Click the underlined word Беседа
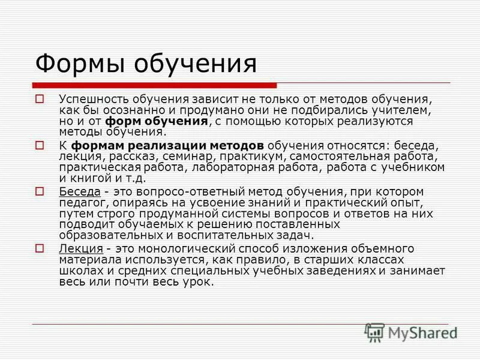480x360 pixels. pyautogui.click(x=78, y=192)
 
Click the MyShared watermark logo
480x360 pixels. pyautogui.click(x=411, y=332)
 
